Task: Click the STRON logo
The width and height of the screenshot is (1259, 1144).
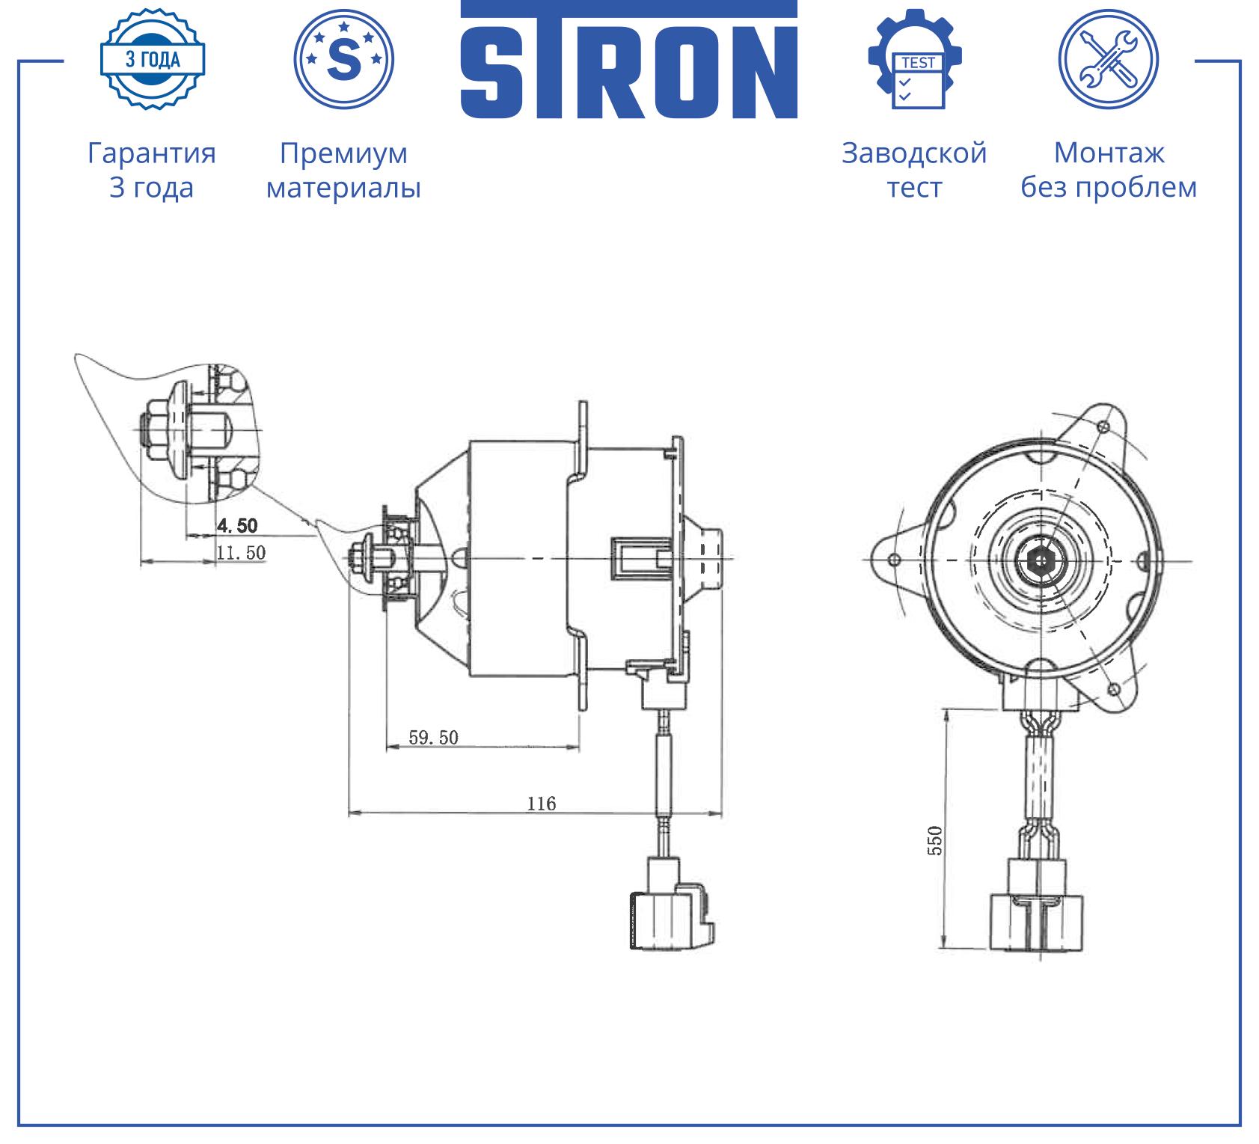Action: click(x=628, y=60)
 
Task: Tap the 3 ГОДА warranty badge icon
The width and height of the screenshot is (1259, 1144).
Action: click(x=153, y=59)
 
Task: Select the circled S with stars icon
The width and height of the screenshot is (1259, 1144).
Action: click(x=344, y=59)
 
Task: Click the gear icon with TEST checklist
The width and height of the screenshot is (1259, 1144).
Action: click(x=915, y=59)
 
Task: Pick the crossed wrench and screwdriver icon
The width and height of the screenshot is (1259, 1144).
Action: click(x=1109, y=59)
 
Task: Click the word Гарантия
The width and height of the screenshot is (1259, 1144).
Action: click(x=152, y=153)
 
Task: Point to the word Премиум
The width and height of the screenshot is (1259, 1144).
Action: click(x=344, y=153)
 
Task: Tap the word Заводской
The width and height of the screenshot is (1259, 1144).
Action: click(x=914, y=153)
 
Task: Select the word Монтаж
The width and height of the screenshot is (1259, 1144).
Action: click(x=1109, y=153)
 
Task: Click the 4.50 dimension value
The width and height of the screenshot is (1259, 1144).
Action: click(x=237, y=525)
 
